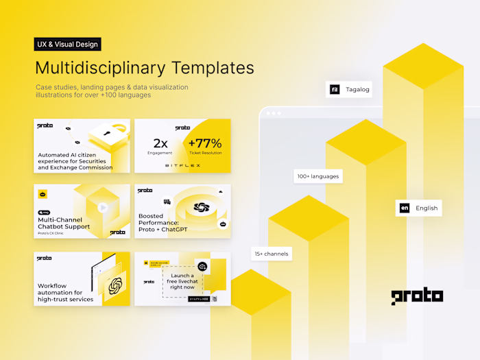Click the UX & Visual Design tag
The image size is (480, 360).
coord(68,45)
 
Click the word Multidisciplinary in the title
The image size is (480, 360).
coord(105,68)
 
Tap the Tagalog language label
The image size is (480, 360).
coord(358,89)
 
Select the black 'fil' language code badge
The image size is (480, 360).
coord(335,89)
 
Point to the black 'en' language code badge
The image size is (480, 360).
coord(405,208)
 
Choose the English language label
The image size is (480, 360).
coord(427,208)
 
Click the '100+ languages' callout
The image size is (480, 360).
coord(317,176)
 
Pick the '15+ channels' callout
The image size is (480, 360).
coord(271,254)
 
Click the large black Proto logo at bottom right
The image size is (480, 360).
coord(417,296)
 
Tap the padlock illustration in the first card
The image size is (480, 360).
coord(110,134)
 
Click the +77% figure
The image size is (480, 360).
coord(204,143)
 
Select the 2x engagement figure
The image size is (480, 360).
coord(160,143)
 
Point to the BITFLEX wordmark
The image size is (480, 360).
coord(182,165)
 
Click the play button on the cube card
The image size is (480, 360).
coord(102,207)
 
